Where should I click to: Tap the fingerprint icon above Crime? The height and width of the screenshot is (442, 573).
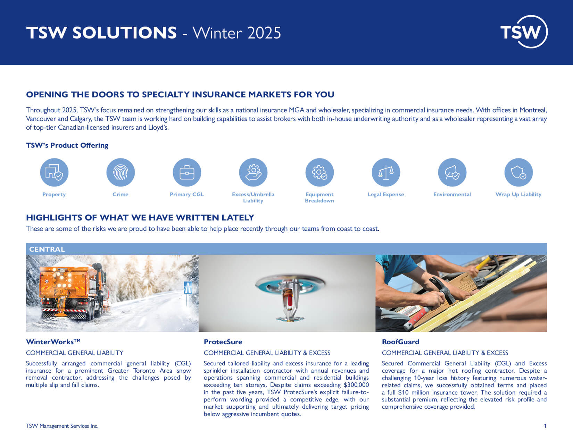coord(121,172)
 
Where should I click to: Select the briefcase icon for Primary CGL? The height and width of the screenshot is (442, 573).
coord(187,172)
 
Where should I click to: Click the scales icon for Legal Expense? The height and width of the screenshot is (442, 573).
coord(386,172)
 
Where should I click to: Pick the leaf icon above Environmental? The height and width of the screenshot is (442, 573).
coord(452,172)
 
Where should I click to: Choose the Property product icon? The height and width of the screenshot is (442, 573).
coord(54,172)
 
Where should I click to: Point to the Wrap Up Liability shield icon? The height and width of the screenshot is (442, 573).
coord(518,172)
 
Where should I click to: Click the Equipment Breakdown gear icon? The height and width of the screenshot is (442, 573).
coord(319,172)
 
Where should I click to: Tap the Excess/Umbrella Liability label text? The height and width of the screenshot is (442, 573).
coord(253,198)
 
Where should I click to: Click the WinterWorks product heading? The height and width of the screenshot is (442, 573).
coord(53,342)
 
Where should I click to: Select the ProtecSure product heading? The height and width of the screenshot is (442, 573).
coord(223,342)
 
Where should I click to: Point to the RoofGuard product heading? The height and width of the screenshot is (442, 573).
coord(400,342)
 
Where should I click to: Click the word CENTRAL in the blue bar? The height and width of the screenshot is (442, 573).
coord(47,249)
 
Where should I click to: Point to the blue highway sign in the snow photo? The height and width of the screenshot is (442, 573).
coord(188,288)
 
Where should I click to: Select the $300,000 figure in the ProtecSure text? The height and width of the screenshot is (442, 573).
coord(356,385)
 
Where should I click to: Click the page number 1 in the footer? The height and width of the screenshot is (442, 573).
coord(545,426)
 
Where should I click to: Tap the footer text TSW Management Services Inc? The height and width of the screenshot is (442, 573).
coord(62,426)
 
